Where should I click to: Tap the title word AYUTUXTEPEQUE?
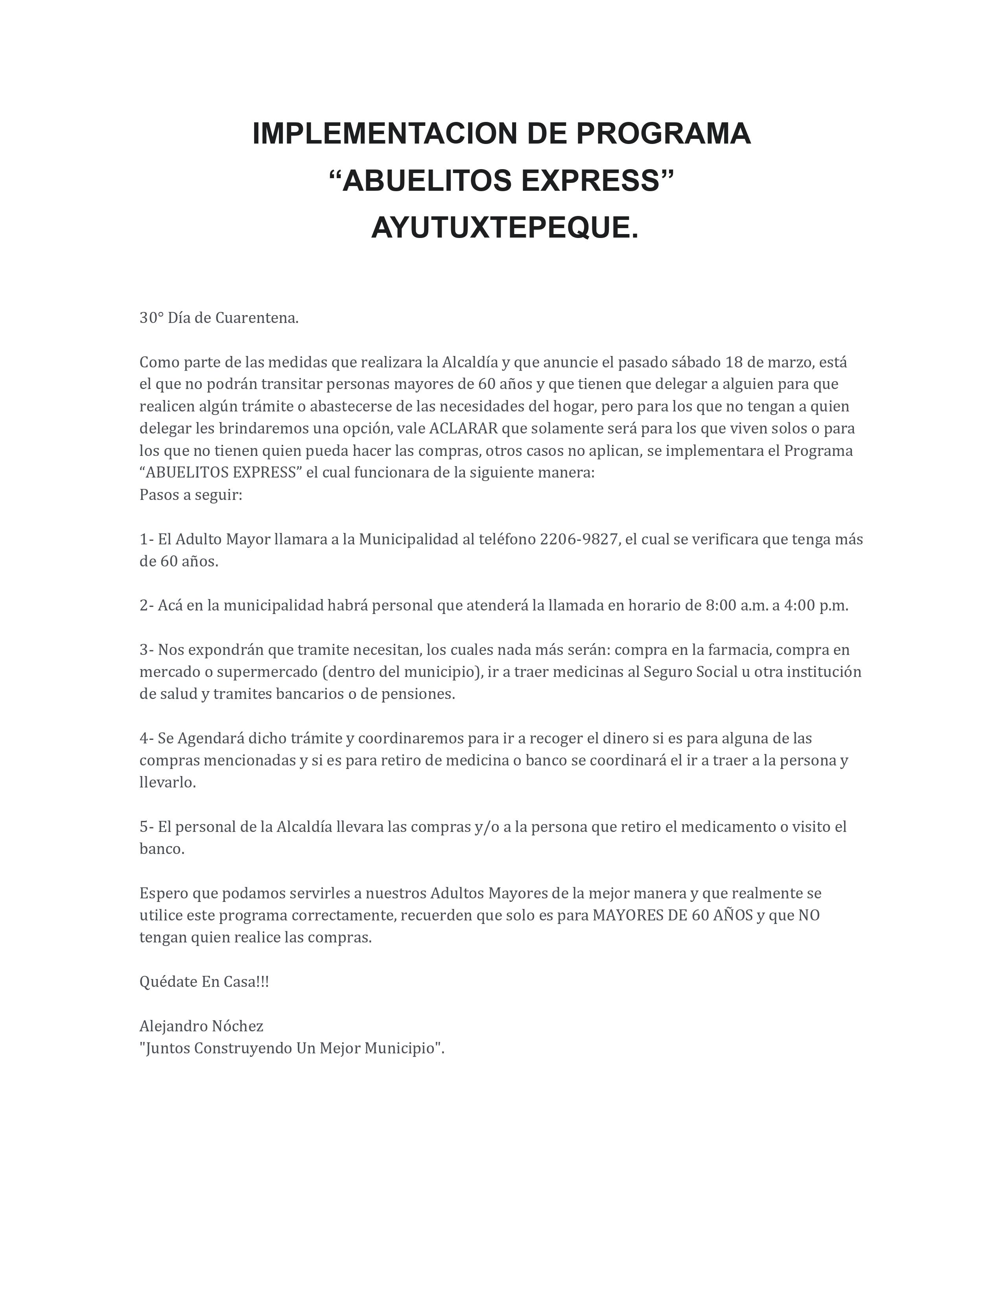(505, 228)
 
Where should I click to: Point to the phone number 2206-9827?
(579, 539)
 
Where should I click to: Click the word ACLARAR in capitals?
(463, 428)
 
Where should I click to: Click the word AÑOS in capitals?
(733, 915)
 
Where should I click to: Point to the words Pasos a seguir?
(191, 495)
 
